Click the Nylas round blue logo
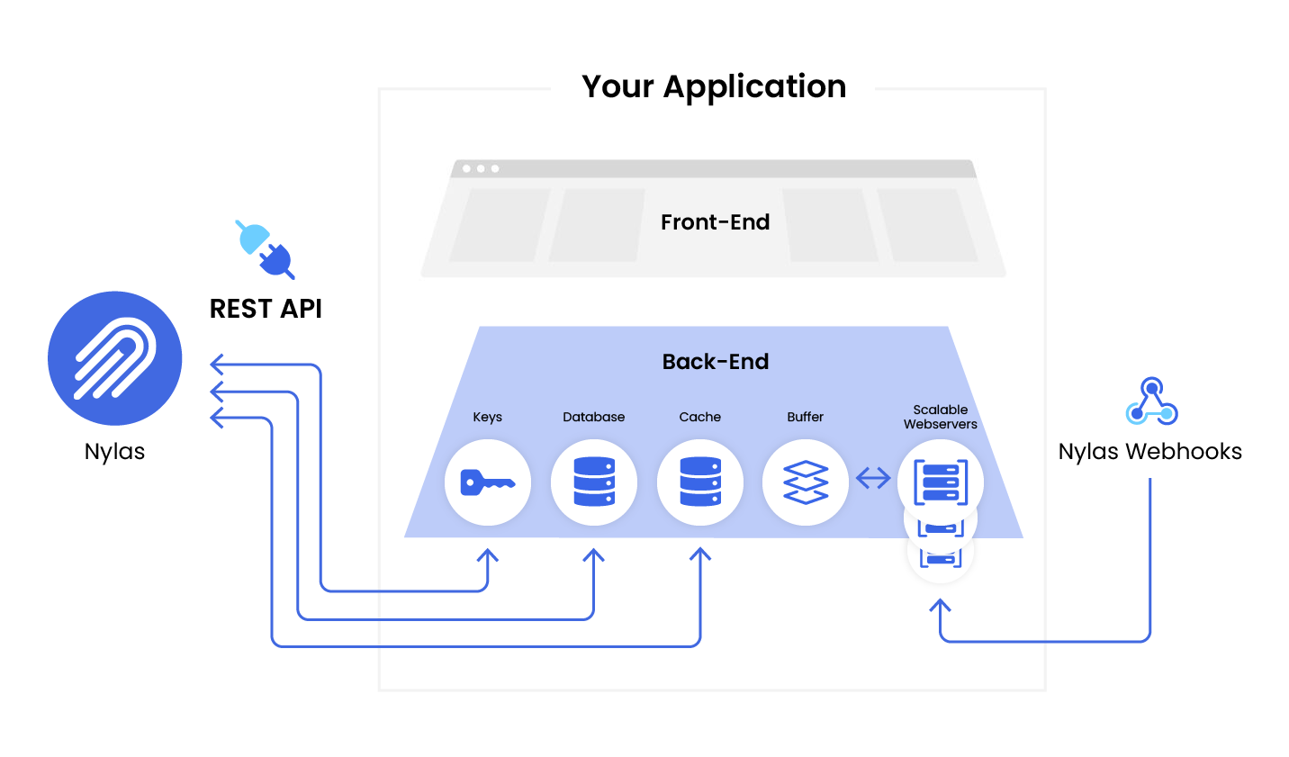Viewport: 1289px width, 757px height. [115, 358]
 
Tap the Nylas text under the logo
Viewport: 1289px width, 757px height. [114, 451]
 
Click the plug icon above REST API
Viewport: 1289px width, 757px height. [265, 248]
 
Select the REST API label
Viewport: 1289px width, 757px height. [266, 309]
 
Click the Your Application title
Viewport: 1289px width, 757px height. [713, 86]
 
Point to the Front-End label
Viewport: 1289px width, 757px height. [715, 222]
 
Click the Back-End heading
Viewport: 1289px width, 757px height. [715, 362]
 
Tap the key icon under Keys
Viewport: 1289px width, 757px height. [487, 482]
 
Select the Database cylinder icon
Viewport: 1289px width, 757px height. [594, 482]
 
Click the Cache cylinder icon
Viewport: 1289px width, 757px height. [700, 482]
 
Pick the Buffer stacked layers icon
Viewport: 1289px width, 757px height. [806, 482]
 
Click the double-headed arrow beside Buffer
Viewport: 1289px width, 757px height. [872, 478]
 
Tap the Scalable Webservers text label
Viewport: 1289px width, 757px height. [940, 417]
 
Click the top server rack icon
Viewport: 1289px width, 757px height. [940, 481]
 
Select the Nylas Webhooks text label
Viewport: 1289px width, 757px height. [1149, 451]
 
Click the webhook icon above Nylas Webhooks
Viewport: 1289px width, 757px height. [1151, 402]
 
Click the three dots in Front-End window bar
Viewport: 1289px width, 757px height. [481, 168]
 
